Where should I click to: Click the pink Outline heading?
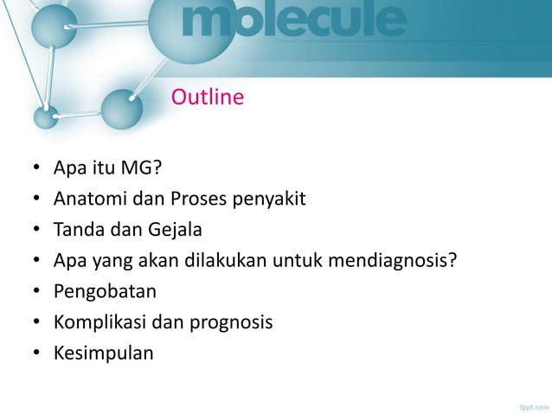pos(207,98)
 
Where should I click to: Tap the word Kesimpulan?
pos(103,353)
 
